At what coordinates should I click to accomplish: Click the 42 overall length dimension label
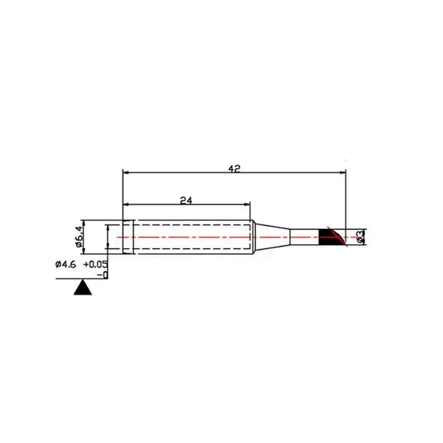pos(234,168)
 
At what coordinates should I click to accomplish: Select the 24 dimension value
pos(186,201)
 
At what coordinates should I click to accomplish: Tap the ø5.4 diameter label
pos(80,237)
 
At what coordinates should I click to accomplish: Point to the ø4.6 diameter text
pos(66,265)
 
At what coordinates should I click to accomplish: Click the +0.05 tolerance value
pos(95,265)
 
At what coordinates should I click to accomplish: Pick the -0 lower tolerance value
pos(103,275)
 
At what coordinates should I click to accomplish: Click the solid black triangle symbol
pos(83,287)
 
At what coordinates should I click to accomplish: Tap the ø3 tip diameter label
pos(360,237)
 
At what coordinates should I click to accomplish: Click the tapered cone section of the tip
pos(272,237)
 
